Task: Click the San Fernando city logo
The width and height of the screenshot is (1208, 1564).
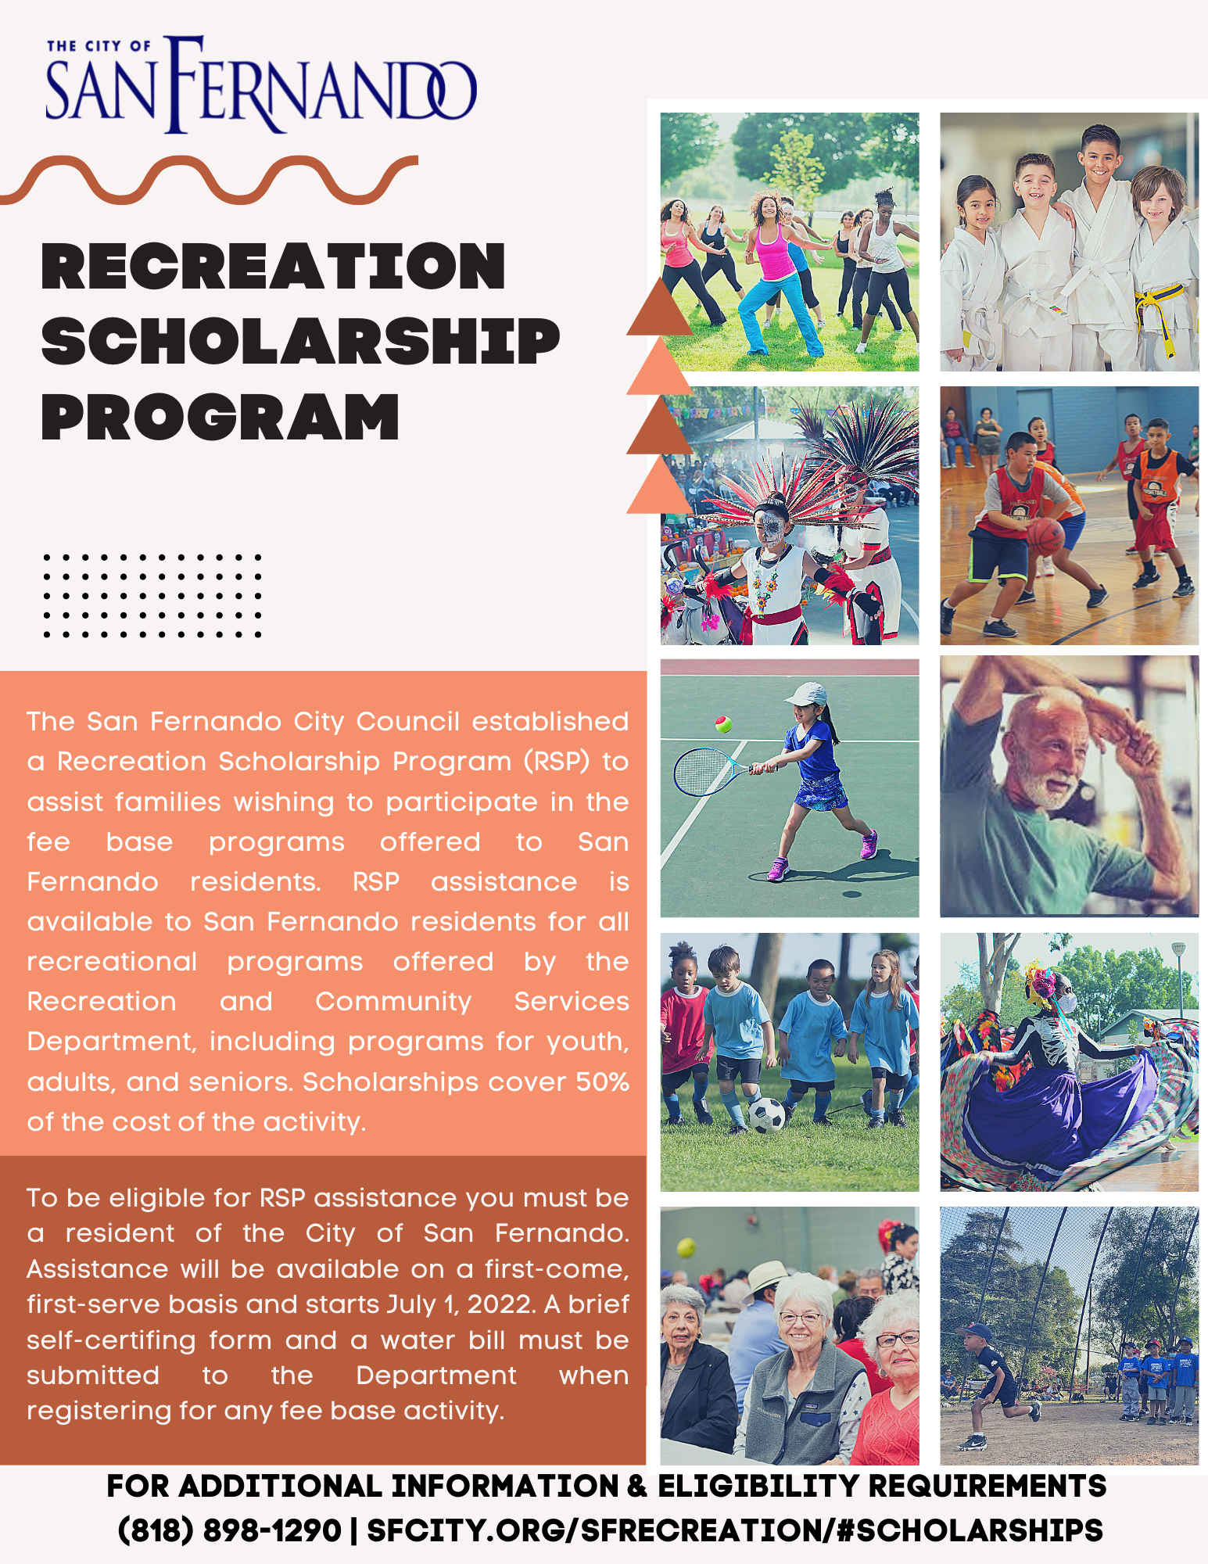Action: click(x=261, y=84)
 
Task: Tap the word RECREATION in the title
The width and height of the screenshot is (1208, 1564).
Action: click(x=274, y=267)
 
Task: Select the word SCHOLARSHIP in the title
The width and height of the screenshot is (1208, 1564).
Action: click(x=301, y=342)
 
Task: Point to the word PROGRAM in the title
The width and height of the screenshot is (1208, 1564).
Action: click(x=220, y=417)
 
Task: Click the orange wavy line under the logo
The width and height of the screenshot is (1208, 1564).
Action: click(x=208, y=179)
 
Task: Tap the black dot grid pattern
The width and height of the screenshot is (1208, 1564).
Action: click(x=152, y=596)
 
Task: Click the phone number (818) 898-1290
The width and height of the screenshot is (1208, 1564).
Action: click(x=229, y=1530)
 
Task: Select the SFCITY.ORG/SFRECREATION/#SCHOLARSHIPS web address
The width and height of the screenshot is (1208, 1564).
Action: click(x=735, y=1530)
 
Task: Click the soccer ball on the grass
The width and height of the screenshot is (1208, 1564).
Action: click(x=767, y=1115)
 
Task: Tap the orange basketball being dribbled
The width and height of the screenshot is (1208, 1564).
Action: click(x=1045, y=536)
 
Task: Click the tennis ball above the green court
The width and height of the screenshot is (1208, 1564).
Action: click(x=723, y=724)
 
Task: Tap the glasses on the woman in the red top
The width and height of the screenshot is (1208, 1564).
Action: click(x=897, y=1339)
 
